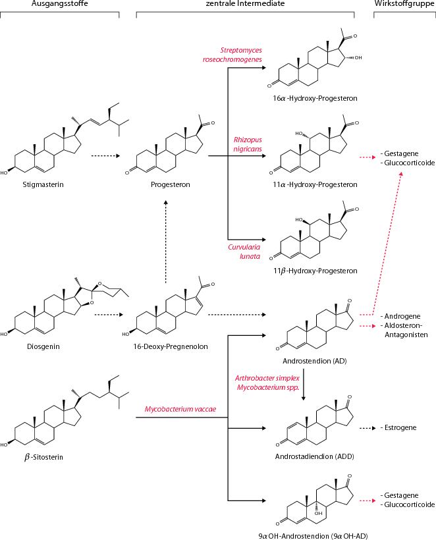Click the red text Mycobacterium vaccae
(178, 409)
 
